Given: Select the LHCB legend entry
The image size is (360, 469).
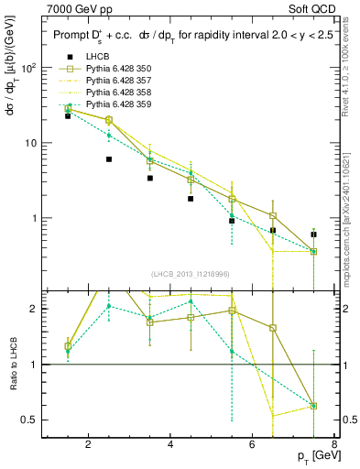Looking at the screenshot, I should [95, 57].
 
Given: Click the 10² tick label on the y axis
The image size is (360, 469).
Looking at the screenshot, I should [30, 68].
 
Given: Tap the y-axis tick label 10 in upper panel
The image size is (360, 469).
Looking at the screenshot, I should [31, 143].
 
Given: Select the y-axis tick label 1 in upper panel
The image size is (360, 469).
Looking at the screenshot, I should [35, 218].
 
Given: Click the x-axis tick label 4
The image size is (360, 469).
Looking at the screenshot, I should [171, 445].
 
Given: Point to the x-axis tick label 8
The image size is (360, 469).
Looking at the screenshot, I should [336, 445].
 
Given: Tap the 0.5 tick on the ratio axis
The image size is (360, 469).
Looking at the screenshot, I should [29, 420].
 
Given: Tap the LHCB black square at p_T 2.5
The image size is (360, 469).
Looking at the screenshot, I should [109, 159].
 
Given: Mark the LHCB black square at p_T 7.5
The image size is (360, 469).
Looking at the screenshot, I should [314, 234].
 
